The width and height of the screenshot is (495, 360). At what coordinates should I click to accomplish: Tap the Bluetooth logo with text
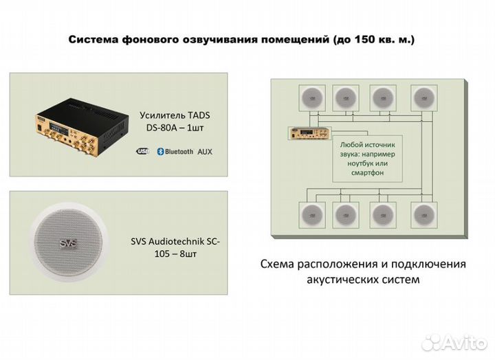click(175, 150)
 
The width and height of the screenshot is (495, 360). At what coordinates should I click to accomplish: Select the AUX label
click(205, 150)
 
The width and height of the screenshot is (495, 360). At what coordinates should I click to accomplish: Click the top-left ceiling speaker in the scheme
click(309, 97)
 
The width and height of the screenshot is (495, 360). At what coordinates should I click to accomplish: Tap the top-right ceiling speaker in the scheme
click(423, 97)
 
